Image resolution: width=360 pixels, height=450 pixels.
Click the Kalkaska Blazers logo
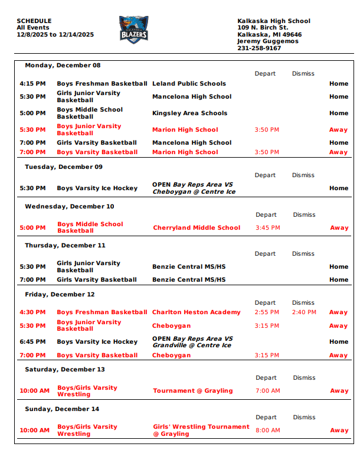pos(134,31)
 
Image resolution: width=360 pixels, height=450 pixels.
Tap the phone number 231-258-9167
pos(259,48)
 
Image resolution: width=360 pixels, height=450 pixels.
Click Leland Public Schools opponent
pos(189,84)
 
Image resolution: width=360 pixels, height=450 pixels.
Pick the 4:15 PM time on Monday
pos(32,84)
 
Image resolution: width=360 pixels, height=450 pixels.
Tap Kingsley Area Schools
pos(189,113)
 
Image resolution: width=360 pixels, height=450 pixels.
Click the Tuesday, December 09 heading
pos(63,167)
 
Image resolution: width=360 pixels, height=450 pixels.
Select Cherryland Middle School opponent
pos(197,227)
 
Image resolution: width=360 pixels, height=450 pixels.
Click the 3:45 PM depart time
pos(268,227)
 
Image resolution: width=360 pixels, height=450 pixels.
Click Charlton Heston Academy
pos(197,312)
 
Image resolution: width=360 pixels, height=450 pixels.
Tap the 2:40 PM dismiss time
pos(304,312)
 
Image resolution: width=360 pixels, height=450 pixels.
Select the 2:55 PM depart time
pos(267,312)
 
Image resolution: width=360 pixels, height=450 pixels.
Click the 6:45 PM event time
pos(32,342)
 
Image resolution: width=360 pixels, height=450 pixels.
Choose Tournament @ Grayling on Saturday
pos(192,391)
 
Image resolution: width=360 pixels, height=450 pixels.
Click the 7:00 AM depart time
pos(268,391)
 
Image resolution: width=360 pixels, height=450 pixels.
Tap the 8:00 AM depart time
pos(268,431)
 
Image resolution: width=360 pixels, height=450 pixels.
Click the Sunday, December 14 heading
pos(61,409)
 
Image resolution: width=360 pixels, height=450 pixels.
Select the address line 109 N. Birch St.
pos(263,28)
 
